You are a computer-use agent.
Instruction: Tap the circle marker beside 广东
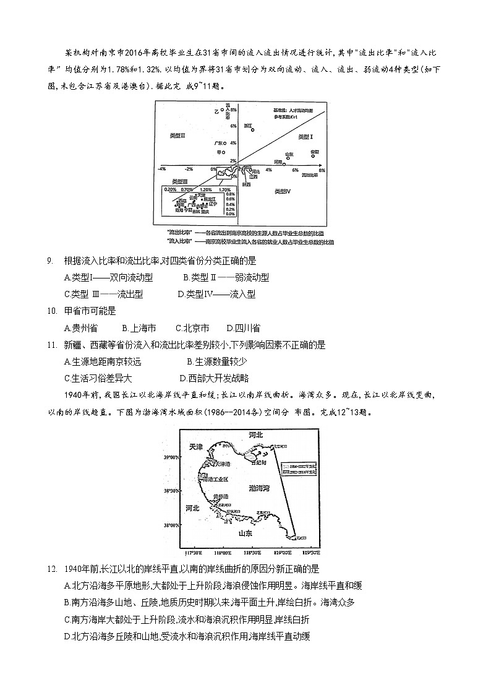[225, 143]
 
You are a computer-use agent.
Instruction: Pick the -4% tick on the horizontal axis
[161, 169]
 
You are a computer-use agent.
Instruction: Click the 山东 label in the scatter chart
[289, 154]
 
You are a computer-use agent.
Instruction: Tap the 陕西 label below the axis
[246, 184]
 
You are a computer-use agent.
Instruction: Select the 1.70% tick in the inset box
[224, 189]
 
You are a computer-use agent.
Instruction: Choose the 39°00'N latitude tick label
[171, 457]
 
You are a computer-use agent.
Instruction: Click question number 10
[52, 311]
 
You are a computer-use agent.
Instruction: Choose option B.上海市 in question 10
[139, 328]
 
